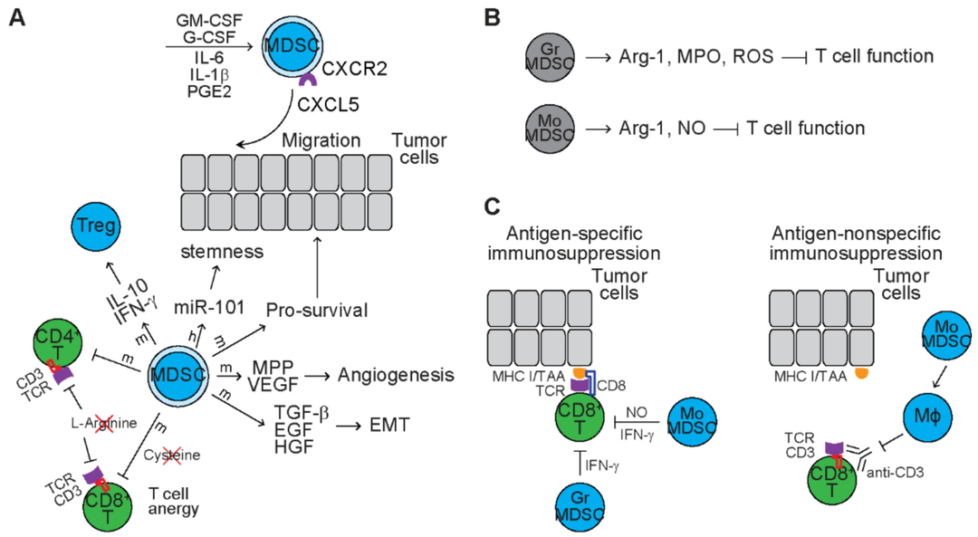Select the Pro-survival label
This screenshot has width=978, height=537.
click(x=317, y=311)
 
